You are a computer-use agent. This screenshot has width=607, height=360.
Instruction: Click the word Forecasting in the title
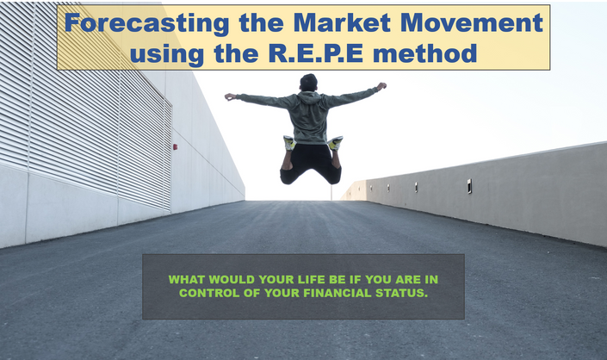[x=147, y=23]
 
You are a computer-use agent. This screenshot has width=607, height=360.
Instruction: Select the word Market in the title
[x=342, y=22]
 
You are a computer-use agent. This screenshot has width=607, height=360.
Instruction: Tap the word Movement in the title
[x=472, y=22]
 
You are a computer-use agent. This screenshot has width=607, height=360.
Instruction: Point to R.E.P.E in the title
[x=315, y=53]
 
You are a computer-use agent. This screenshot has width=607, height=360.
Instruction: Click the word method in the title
[x=424, y=53]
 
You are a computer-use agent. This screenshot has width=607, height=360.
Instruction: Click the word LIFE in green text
[x=312, y=280]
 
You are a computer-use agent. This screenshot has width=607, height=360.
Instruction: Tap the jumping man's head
[x=308, y=83]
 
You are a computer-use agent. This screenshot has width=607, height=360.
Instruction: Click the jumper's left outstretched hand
[x=230, y=96]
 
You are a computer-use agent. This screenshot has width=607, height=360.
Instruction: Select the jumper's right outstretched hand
[x=381, y=86]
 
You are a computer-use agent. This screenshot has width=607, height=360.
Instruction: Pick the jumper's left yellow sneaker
[x=289, y=143]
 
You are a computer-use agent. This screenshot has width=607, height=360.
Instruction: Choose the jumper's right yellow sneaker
[x=336, y=143]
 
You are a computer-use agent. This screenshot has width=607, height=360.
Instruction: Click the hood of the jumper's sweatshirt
[x=308, y=97]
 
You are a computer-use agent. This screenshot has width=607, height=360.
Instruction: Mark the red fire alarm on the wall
[x=175, y=147]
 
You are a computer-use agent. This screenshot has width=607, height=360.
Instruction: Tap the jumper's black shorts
[x=311, y=164]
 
